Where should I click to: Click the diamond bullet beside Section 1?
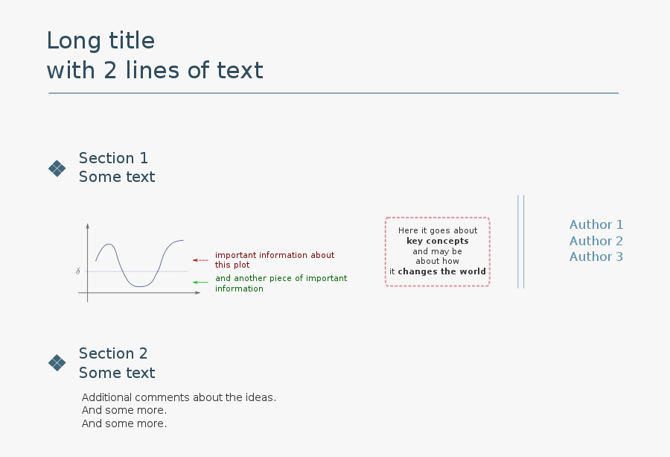pyautogui.click(x=57, y=168)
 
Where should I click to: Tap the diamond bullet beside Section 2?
pyautogui.click(x=57, y=363)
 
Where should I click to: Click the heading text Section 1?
pyautogui.click(x=113, y=158)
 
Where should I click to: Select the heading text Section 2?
pyautogui.click(x=113, y=353)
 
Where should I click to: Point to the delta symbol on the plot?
pyautogui.click(x=77, y=271)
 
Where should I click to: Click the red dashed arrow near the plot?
pyautogui.click(x=200, y=260)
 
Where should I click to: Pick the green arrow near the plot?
pyautogui.click(x=200, y=283)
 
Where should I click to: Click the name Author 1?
pyautogui.click(x=596, y=224)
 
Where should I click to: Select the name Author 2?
pyautogui.click(x=596, y=241)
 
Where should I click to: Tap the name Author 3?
pyautogui.click(x=596, y=256)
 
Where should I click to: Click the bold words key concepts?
pyautogui.click(x=438, y=241)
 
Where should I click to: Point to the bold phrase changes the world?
pyautogui.click(x=441, y=271)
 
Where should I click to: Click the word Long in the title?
pyautogui.click(x=74, y=41)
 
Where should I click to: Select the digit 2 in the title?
pyautogui.click(x=110, y=70)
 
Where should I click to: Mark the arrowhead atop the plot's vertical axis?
pyautogui.click(x=88, y=225)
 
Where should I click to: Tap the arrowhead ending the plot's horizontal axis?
pyautogui.click(x=197, y=293)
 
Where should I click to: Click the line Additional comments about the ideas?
pyautogui.click(x=179, y=397)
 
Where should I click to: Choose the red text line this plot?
pyautogui.click(x=232, y=265)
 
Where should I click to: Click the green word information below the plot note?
pyautogui.click(x=239, y=289)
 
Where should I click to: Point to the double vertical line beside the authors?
pyautogui.click(x=521, y=242)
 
